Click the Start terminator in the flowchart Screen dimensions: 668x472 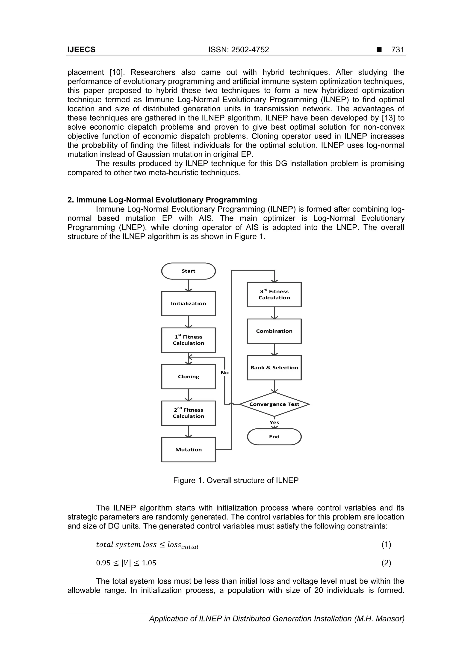click(189, 271)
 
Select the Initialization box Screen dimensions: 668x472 click(189, 303)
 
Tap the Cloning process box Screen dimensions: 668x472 click(189, 377)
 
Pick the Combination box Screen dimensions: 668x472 click(274, 331)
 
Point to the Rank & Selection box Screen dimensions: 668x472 click(274, 368)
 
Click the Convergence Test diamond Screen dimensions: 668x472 click(274, 404)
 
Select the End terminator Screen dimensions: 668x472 click(274, 436)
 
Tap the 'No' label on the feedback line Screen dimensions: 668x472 click(224, 373)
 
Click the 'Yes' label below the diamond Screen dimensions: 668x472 click(274, 422)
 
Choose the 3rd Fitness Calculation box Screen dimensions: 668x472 click(274, 294)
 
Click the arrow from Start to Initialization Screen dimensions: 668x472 click(189, 285)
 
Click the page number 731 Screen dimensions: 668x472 click(398, 50)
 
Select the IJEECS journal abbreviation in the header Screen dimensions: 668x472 click(81, 50)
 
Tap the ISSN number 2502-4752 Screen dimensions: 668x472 click(239, 50)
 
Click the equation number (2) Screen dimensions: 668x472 click(386, 563)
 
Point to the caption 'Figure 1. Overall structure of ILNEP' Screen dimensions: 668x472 click(236, 480)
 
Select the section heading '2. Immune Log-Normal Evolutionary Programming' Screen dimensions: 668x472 click(162, 200)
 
